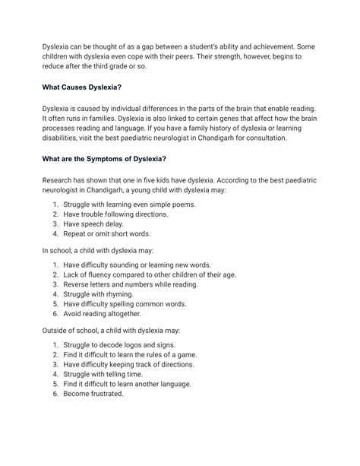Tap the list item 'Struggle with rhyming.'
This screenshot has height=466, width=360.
[x=106, y=293]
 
